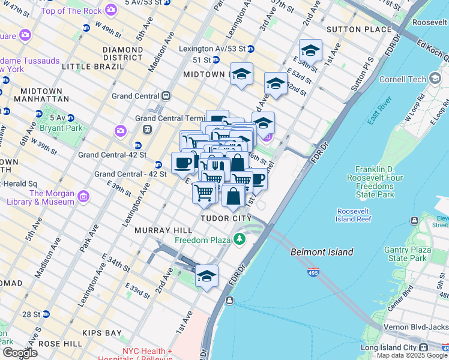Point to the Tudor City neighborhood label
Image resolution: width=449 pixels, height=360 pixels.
pos(226,219)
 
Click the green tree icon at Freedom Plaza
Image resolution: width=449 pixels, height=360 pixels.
pos(240,240)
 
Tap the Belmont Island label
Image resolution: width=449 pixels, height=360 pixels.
pos(322,253)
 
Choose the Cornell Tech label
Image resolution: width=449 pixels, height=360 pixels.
pos(402,79)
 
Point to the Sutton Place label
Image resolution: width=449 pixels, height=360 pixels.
pos(351,29)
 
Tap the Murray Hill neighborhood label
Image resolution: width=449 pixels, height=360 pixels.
pos(163,230)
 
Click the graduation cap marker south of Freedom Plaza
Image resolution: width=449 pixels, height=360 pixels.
pos(206,277)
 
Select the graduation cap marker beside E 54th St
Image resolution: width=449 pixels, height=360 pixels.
pos(310,51)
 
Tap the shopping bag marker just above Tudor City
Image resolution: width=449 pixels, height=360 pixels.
pos(233,196)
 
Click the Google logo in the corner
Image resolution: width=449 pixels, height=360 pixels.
pos(20,353)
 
